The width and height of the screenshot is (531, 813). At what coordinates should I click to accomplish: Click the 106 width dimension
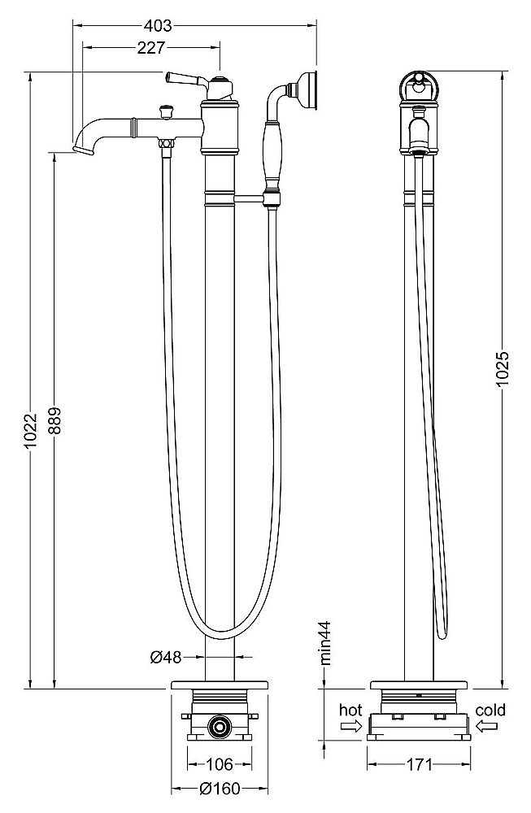[219, 764]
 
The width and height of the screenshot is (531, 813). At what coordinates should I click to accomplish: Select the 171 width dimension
[420, 764]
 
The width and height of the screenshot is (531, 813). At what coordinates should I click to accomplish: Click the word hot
[351, 711]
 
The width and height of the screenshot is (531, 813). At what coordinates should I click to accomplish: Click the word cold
[490, 711]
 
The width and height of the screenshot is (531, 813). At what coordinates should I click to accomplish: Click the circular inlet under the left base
[219, 727]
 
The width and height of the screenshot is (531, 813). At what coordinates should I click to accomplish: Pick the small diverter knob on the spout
[167, 108]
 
